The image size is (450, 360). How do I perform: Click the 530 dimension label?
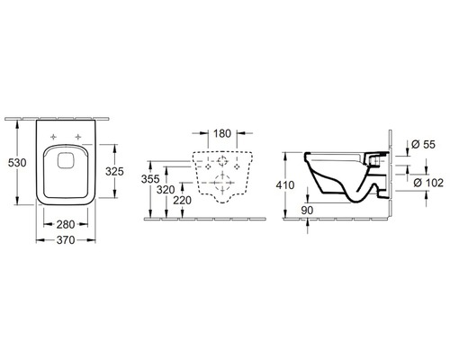17,163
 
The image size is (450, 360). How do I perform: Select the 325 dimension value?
114,171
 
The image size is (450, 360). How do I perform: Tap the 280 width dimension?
66,224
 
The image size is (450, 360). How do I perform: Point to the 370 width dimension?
66,240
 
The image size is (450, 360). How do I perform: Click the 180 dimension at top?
222,133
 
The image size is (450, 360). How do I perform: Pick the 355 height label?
150,179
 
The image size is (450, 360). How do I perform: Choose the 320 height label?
166,189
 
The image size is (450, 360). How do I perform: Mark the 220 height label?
182,200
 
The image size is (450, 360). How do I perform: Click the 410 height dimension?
285,185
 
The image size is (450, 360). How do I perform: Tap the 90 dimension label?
307,211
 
